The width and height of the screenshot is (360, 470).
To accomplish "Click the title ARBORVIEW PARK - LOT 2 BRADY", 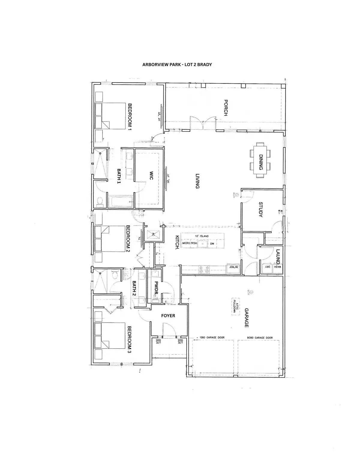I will click(177, 65).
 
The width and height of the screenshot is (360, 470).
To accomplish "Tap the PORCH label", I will click(226, 108).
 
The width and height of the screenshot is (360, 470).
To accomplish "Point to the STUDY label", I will click(260, 209).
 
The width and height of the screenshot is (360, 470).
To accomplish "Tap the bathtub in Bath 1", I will click(121, 202).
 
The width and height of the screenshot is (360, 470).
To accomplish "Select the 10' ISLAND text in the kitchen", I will click(202, 236).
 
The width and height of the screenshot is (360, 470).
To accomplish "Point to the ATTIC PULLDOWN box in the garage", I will click(235, 306).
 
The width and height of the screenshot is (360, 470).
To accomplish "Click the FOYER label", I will click(168, 316).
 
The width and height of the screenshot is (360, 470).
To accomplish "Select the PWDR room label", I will click(156, 287).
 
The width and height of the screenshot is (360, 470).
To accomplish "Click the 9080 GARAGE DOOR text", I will click(260, 338).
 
